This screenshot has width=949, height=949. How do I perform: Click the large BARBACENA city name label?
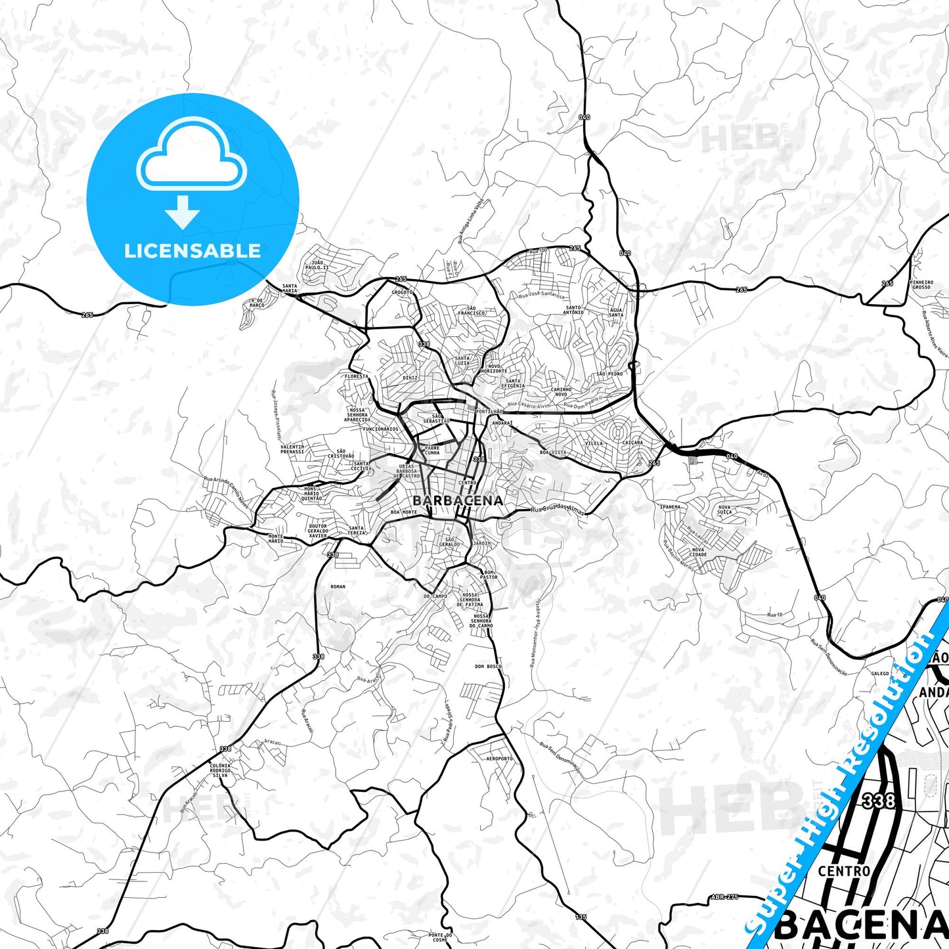click(458, 500)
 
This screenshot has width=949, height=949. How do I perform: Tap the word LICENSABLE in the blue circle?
click(192, 251)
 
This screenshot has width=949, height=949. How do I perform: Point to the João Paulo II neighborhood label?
click(316, 265)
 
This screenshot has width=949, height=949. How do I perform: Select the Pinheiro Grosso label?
click(921, 285)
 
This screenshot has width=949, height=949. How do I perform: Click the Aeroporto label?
click(500, 759)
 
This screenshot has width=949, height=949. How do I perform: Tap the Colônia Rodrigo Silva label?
click(220, 770)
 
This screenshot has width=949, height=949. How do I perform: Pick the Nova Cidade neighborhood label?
click(697, 552)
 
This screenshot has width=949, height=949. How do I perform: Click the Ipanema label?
click(671, 507)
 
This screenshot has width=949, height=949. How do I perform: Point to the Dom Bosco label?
click(488, 667)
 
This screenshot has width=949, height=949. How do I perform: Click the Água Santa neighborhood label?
click(616, 313)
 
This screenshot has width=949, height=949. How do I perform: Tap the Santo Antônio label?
click(573, 310)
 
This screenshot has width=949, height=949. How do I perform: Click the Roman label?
click(338, 587)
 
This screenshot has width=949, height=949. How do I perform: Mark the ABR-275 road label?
click(725, 897)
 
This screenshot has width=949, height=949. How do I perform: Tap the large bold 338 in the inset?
click(879, 801)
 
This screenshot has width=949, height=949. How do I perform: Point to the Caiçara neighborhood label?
click(632, 443)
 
